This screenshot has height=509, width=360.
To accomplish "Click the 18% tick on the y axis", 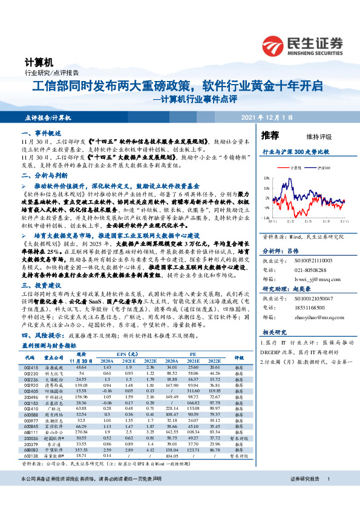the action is tap(267, 179).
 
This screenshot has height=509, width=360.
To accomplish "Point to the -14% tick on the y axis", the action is tap(266, 216).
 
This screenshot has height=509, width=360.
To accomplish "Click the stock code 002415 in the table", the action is tap(31, 367).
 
